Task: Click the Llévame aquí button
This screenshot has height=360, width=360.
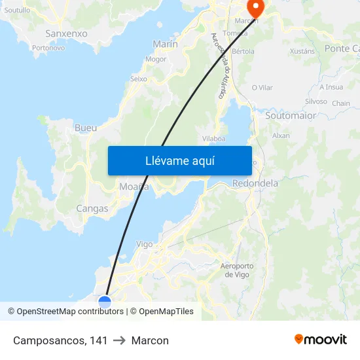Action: [x=179, y=160]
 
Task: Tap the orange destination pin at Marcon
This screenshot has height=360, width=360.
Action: [x=254, y=7]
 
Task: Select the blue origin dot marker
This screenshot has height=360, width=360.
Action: [x=105, y=302]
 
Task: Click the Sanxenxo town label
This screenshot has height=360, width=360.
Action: [x=66, y=33]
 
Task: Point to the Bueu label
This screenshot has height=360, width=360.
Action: [x=86, y=128]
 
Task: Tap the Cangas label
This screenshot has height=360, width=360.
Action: [x=92, y=208]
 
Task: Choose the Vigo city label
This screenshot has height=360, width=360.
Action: [x=145, y=244]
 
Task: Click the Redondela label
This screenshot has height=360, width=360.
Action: [x=255, y=183]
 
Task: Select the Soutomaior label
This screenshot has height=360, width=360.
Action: [x=291, y=115]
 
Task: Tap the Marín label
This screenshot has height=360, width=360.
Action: [x=165, y=44]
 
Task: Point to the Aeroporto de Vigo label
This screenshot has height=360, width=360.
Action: [x=237, y=270]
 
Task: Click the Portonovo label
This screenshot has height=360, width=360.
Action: [x=48, y=48]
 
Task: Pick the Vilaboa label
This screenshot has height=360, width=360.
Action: [x=214, y=138]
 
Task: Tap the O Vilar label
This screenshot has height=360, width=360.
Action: [x=262, y=87]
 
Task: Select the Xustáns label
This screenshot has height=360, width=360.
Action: [x=302, y=51]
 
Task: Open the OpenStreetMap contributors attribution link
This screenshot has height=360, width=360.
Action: [x=70, y=312]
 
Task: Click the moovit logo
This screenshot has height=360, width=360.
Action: [x=320, y=340]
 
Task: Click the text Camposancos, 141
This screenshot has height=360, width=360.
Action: [x=60, y=340]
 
